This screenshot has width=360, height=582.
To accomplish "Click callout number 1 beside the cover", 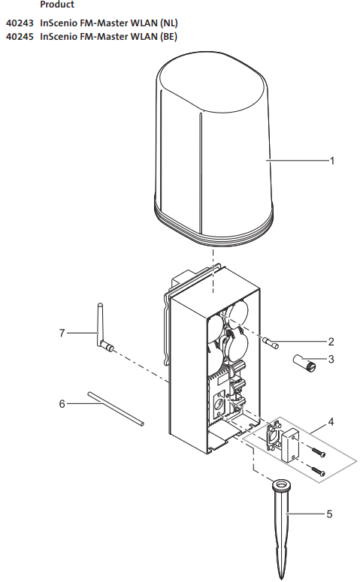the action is [x=332, y=161].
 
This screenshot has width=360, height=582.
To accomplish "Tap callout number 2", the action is [x=331, y=342].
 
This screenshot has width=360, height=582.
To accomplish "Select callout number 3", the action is [x=331, y=359].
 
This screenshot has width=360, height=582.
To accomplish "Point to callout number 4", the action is [x=331, y=422].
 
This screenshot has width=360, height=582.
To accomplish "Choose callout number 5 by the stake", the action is [x=329, y=514].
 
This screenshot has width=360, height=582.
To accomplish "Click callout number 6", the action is [x=62, y=403].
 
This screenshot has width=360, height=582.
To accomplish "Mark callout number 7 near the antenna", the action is [x=62, y=333].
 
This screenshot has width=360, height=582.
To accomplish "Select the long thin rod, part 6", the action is [x=116, y=409].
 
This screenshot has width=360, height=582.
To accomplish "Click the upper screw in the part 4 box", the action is [x=319, y=452].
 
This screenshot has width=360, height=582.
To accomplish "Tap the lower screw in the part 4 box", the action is [x=319, y=472].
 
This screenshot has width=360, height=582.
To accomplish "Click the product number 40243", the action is [x=20, y=23].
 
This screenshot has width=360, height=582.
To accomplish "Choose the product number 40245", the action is [x=20, y=37].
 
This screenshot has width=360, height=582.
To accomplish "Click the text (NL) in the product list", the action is [x=169, y=23].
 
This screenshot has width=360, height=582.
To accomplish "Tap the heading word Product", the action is [x=57, y=5].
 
